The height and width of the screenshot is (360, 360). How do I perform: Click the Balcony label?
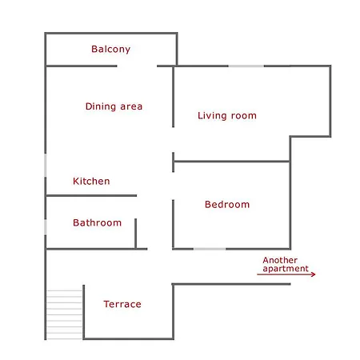pos(110,50)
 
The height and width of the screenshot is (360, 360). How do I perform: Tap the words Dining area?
pos(114,106)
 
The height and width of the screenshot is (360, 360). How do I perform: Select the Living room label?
pos(227,116)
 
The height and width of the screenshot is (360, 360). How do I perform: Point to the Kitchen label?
pos(91,182)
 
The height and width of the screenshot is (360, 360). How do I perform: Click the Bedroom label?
pos(227,205)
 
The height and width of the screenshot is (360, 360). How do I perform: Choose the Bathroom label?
pos(97,222)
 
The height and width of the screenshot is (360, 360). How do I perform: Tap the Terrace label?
pos(122,304)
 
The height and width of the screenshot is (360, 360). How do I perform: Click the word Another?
pos(280,260)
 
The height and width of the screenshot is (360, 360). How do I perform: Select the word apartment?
pos(286,269)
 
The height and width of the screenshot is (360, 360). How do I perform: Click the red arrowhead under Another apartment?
pos(314,274)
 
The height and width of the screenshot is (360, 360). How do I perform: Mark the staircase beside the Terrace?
pos(64,314)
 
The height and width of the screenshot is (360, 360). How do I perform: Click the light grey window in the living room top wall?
pos(246,66)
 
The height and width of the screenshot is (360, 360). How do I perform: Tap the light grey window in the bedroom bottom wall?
pos(210,249)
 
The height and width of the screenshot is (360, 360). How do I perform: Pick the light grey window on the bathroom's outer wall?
pos(46,227)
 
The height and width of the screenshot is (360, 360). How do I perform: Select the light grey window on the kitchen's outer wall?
pos(46,166)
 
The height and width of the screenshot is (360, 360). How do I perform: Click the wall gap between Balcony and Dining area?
pos(137,66)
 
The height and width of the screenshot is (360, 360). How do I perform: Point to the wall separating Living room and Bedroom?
pos(231,162)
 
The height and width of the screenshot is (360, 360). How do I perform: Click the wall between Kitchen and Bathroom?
pos(91,195)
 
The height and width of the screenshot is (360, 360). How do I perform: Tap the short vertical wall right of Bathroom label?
pos(136,234)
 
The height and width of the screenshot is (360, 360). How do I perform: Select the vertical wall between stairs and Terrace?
pos(84,312)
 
